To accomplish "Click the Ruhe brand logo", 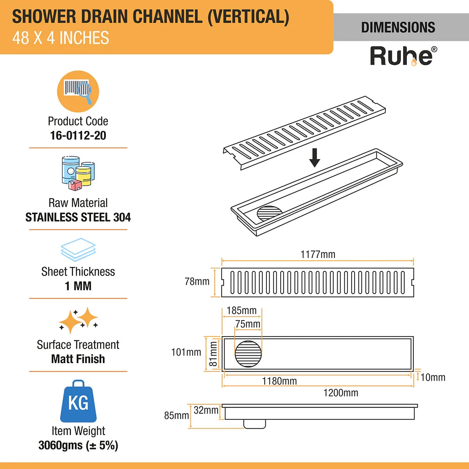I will click(403, 56).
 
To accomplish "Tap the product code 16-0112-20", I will click(78, 136).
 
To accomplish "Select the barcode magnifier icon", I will click(78, 91).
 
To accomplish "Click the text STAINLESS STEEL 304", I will click(78, 217).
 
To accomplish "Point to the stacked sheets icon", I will click(78, 250).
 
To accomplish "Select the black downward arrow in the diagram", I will click(315, 158).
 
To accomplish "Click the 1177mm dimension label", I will click(318, 254).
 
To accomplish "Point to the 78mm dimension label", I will click(197, 281).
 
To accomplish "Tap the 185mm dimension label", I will click(242, 311).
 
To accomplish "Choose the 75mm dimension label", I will click(248, 324).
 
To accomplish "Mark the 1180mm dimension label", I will click(279, 381).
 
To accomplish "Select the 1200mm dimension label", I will click(340, 393).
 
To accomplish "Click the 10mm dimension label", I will click(433, 378).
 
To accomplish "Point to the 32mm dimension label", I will click(206, 410).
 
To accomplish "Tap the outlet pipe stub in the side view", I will click(254, 424).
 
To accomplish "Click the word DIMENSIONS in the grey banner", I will click(398, 27).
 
